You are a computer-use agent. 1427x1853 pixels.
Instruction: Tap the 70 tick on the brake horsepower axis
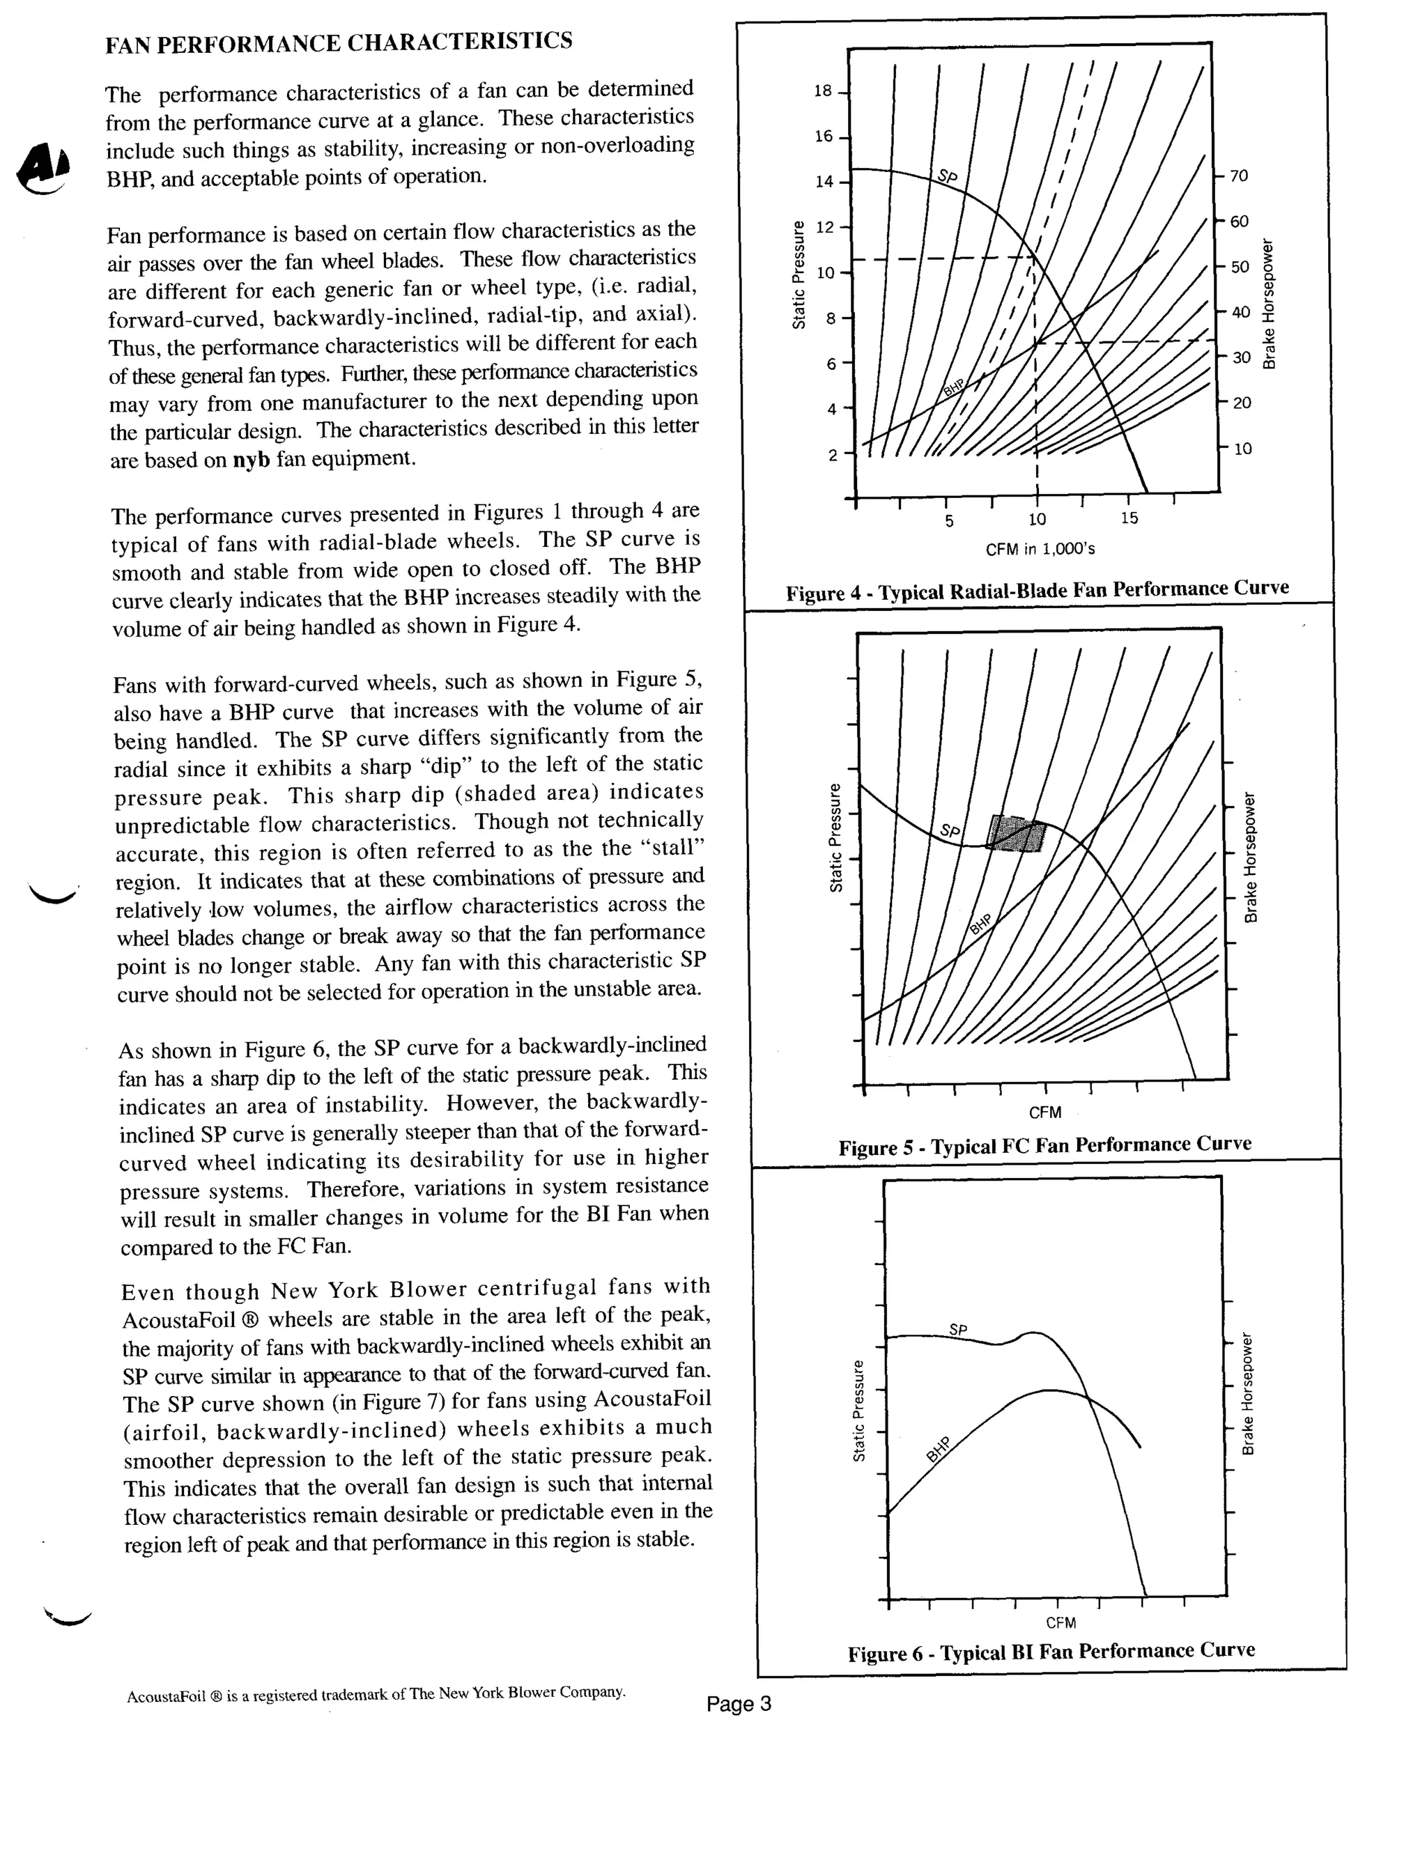(1239, 176)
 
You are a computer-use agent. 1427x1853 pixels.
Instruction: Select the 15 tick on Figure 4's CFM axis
(1129, 518)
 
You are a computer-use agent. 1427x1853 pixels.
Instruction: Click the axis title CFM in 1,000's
(1040, 549)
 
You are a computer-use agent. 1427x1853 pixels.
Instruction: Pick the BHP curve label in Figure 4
(955, 389)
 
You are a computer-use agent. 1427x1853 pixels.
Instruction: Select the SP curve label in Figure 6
(958, 1330)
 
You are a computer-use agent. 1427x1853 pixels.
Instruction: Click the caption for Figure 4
(1037, 589)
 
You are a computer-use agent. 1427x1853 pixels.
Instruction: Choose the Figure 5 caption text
(1044, 1145)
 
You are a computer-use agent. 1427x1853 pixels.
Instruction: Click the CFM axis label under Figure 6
(1060, 1622)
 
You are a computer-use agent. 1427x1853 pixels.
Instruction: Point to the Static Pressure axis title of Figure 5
(835, 837)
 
